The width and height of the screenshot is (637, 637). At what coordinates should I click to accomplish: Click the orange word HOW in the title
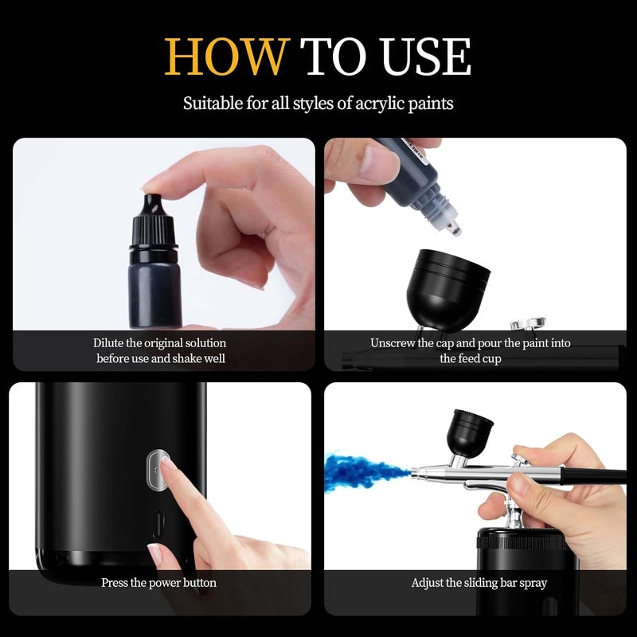225,57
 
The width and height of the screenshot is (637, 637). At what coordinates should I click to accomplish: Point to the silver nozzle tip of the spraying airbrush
416,475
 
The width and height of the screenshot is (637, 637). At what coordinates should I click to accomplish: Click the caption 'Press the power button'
158,583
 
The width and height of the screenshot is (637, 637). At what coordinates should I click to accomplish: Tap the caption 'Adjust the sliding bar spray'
479,583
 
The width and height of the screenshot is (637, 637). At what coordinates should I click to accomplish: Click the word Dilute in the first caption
109,343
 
